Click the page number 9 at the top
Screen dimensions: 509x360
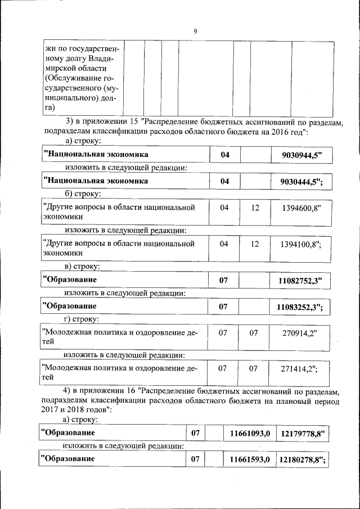(x=195, y=31)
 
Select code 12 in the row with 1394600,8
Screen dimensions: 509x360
(x=255, y=208)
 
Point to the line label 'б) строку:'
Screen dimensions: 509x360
(x=83, y=194)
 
